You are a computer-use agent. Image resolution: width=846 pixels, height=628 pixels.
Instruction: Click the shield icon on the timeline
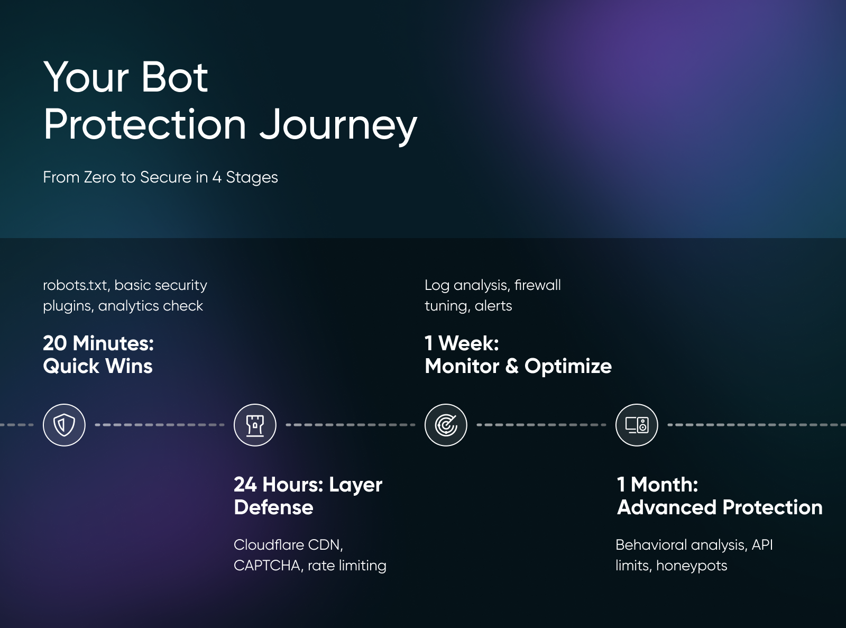64,425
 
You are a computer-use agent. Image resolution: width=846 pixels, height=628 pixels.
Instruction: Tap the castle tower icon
255,425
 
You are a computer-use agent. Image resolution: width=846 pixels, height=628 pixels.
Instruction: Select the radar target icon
446,425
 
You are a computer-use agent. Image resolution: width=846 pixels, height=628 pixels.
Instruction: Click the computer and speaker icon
637,425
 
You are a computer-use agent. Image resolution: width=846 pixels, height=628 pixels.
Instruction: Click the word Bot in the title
174,77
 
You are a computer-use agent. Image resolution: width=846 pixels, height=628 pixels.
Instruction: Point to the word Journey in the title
338,125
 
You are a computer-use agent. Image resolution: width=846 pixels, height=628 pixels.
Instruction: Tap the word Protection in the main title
145,125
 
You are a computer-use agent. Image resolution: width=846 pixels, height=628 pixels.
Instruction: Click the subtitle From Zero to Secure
160,177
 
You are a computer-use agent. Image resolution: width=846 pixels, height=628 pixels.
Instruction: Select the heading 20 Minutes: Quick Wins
98,354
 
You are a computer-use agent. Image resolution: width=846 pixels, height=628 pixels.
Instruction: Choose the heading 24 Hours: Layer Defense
308,496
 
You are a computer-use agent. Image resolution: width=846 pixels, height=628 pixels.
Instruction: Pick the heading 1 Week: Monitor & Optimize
518,354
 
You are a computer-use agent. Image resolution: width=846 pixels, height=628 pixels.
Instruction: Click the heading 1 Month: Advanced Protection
719,496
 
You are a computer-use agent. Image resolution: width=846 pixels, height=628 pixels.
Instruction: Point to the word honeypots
692,566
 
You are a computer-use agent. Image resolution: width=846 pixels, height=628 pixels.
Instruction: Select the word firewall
537,285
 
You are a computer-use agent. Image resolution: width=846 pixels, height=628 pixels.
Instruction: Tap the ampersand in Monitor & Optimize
512,366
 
